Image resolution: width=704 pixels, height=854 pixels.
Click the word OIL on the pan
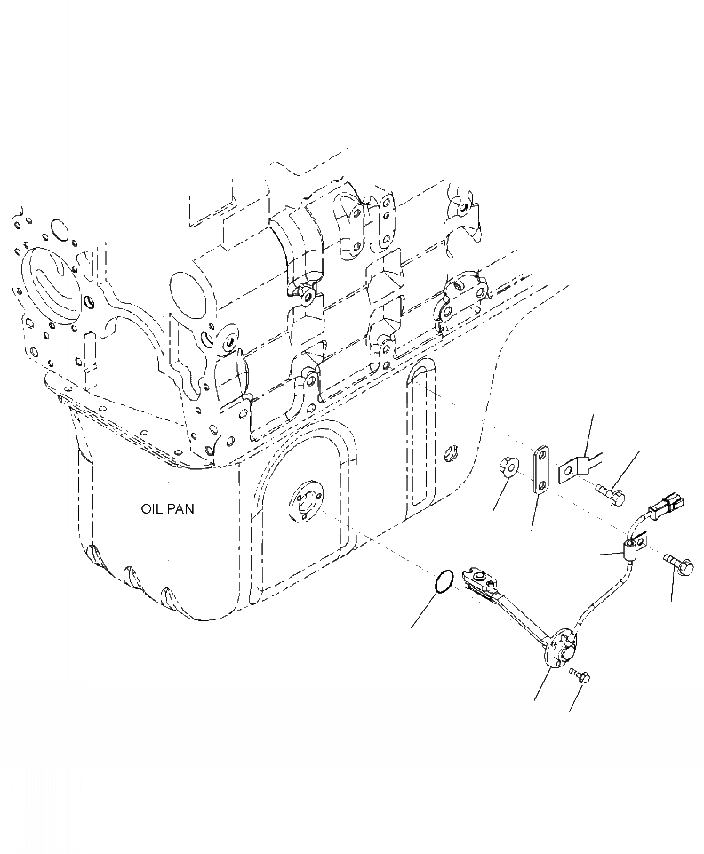coord(152,509)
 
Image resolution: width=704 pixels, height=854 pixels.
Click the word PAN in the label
coord(181,509)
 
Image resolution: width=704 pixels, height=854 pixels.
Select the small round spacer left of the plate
coord(508,466)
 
